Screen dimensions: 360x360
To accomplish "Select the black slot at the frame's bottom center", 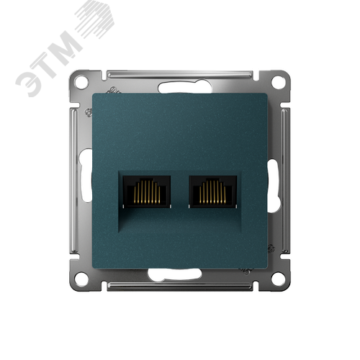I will point(180,272).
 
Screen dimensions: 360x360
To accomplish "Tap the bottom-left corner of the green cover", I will point(93,267).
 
